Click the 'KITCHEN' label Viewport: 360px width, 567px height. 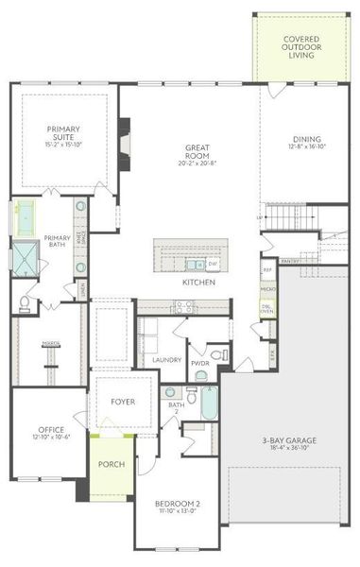click(x=198, y=283)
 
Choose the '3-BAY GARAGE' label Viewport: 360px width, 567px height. click(x=290, y=440)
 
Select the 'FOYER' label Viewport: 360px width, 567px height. click(x=123, y=402)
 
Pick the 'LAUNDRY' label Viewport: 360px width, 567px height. click(x=166, y=360)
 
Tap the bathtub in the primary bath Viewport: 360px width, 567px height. click(x=24, y=218)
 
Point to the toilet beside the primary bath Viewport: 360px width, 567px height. click(x=23, y=302)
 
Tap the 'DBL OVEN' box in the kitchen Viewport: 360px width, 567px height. click(x=267, y=309)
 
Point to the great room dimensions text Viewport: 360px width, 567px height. click(x=197, y=163)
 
